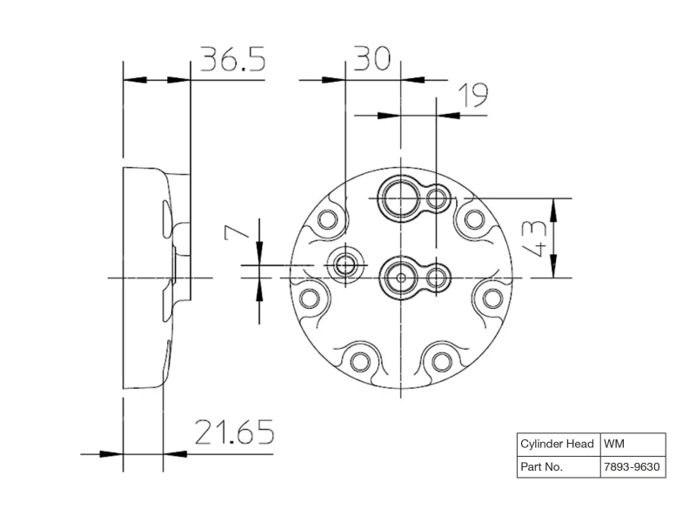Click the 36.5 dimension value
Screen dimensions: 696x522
click(x=233, y=58)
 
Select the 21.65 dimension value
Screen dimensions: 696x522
click(x=234, y=432)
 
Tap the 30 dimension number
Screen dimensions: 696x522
click(x=372, y=58)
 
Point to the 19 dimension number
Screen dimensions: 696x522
click(x=473, y=95)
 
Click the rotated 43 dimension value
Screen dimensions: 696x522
click(x=534, y=238)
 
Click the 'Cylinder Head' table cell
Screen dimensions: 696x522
click(x=559, y=445)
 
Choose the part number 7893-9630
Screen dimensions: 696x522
click(x=633, y=467)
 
